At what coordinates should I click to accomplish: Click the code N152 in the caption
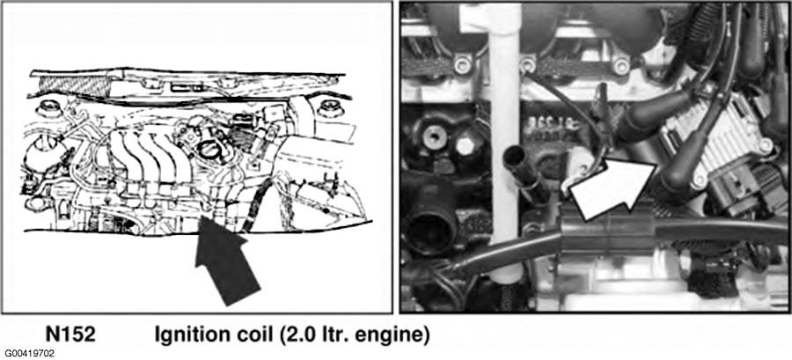coord(70,335)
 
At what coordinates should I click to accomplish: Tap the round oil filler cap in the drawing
coord(212,149)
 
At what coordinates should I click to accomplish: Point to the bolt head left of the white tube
coord(434,139)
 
